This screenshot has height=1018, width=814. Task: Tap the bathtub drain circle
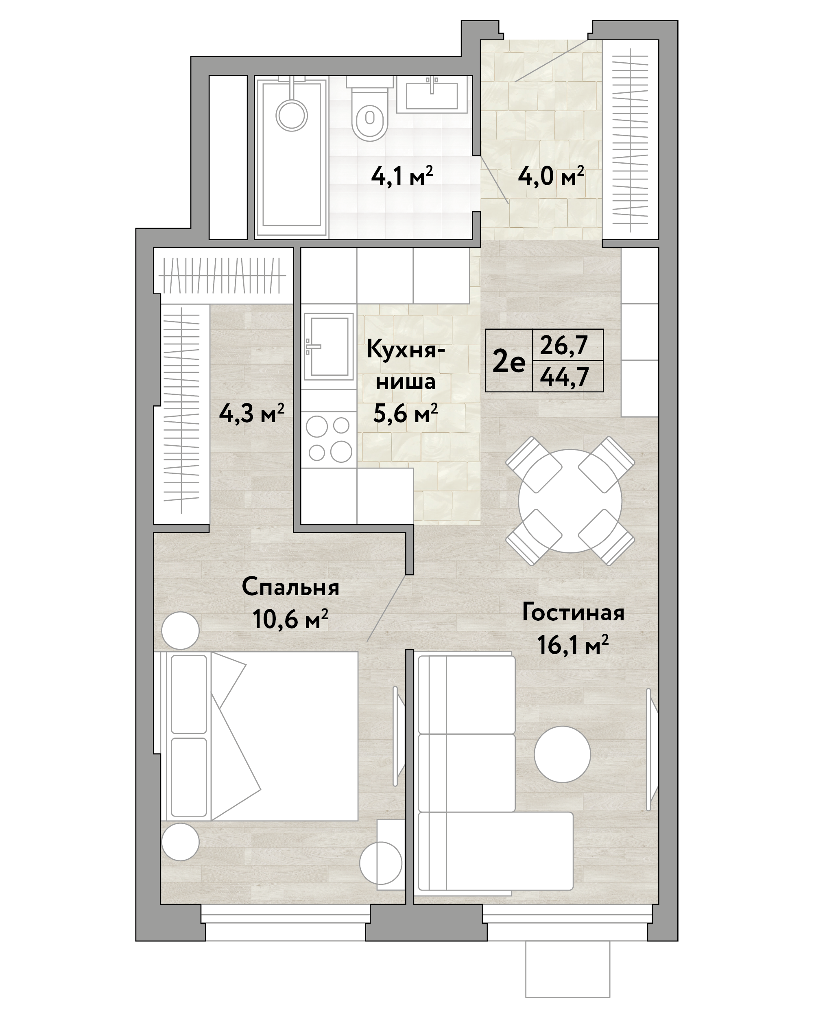click(292, 115)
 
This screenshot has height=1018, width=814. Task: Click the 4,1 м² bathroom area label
click(402, 176)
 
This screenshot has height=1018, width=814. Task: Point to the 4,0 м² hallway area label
click(551, 176)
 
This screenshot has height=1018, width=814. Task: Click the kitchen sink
click(329, 346)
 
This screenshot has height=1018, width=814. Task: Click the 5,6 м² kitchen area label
click(405, 414)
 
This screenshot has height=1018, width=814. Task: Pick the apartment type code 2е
click(508, 363)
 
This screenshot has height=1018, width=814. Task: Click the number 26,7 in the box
click(564, 345)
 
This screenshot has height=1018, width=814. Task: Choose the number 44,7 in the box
click(564, 377)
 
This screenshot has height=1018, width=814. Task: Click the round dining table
click(570, 501)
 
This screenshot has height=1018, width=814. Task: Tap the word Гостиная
click(573, 613)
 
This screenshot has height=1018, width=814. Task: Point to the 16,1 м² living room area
click(573, 644)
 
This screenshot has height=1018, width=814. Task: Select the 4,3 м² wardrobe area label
click(251, 414)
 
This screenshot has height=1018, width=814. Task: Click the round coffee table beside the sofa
click(562, 755)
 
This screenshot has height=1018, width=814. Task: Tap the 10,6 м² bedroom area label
click(290, 619)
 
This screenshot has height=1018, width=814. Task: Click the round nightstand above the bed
click(180, 631)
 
